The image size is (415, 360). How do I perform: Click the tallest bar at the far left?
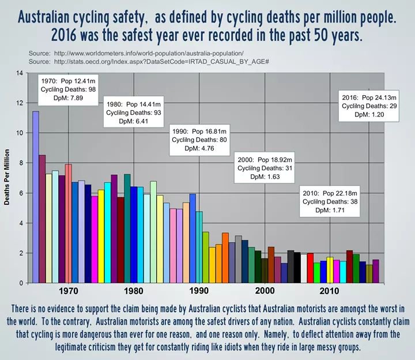click(x=35, y=196)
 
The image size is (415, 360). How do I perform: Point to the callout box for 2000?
click(x=266, y=168)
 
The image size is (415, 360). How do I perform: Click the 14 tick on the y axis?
click(x=20, y=73)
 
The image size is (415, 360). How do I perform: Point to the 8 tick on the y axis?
click(x=22, y=163)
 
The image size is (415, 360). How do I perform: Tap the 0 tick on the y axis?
click(x=22, y=283)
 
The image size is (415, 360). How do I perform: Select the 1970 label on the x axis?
click(x=69, y=291)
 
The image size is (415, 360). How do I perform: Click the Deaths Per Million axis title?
click(x=7, y=178)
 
